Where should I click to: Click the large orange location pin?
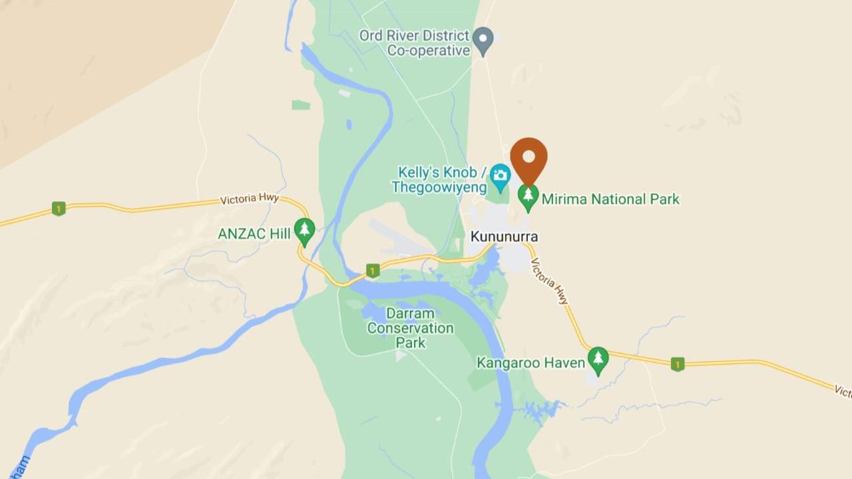pyautogui.click(x=529, y=160)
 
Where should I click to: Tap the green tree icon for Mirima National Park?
pyautogui.click(x=529, y=196)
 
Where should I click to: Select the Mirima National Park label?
pyautogui.click(x=610, y=199)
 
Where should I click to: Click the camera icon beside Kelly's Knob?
pyautogui.click(x=500, y=176)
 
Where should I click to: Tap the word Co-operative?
pyautogui.click(x=429, y=51)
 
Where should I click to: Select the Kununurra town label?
pyautogui.click(x=504, y=236)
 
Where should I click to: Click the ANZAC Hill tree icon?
pyautogui.click(x=304, y=230)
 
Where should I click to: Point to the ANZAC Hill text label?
pyautogui.click(x=254, y=234)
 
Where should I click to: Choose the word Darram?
pyautogui.click(x=410, y=313)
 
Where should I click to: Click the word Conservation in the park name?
pyautogui.click(x=410, y=328)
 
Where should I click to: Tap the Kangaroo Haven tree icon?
pyautogui.click(x=598, y=359)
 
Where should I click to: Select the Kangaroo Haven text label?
pyautogui.click(x=531, y=363)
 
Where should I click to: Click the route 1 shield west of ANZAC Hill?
pyautogui.click(x=59, y=209)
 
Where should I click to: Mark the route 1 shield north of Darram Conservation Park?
pyautogui.click(x=373, y=271)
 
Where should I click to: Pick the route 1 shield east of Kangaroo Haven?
pyautogui.click(x=678, y=364)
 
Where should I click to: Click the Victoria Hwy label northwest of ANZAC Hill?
pyautogui.click(x=249, y=199)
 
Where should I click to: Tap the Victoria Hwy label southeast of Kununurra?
pyautogui.click(x=550, y=281)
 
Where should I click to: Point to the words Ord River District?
pyautogui.click(x=414, y=35)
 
